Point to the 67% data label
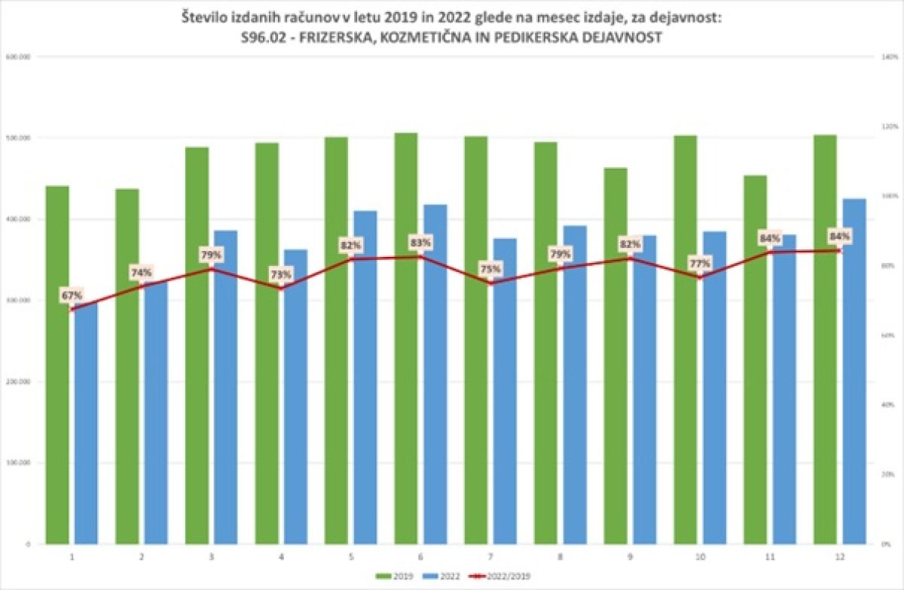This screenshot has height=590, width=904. [x=73, y=295]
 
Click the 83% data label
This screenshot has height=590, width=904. [x=421, y=243]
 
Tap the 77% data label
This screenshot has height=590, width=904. [x=701, y=264]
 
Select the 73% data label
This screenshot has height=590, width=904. [x=282, y=274]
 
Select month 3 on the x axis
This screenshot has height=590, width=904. [x=212, y=558]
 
